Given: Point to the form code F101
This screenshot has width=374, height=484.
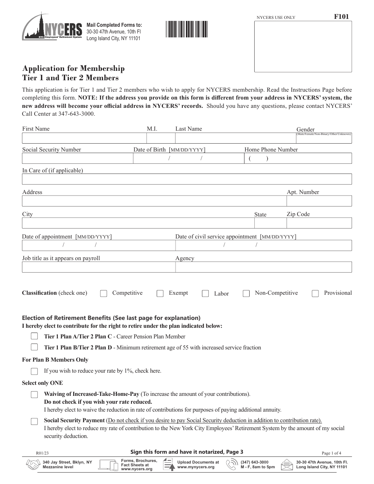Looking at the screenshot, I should coord(341,17).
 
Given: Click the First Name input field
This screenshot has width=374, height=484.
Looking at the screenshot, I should coord(84,138).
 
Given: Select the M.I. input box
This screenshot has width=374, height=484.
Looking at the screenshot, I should coord(160,138).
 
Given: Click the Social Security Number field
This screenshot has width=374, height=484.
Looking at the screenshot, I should coord(77,159).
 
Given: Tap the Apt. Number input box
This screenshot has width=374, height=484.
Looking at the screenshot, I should coord(319,201).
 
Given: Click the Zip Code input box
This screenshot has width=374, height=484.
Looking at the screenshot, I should coord(319,223).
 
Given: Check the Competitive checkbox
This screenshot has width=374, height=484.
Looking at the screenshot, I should coord(104,294).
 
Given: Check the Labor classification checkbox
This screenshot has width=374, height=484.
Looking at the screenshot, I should coord(205,294).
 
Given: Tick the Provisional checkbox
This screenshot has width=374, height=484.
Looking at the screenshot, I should coord(315,294).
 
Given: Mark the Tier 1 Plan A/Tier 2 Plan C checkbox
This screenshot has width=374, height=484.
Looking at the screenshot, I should coord(35,336).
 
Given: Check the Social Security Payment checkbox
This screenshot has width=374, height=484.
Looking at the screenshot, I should coord(35,421).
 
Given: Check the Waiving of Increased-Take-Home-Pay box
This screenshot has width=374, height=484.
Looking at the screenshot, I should coord(35,395).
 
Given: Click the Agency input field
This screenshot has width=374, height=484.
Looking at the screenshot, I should coord(263,267).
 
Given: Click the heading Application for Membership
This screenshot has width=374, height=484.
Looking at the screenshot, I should coord(73,68).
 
